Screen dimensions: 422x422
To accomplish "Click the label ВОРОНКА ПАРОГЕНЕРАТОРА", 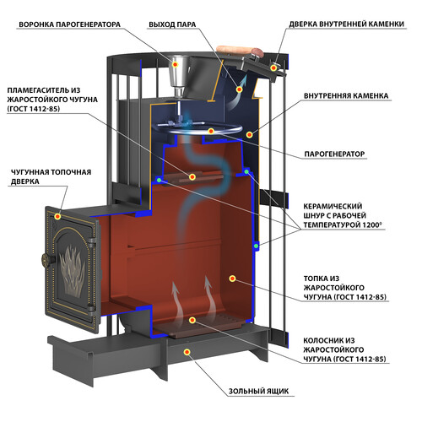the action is coord(69,24).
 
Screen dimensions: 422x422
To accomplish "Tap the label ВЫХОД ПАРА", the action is coord(172,24).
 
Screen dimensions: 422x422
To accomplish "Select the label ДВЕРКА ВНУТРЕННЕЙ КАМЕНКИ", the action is coord(347,24).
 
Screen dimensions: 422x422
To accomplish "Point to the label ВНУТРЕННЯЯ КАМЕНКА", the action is coord(346,95).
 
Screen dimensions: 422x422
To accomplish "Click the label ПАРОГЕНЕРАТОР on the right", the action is coord(334,154).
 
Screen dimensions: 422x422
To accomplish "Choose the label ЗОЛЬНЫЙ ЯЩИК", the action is coord(258,391).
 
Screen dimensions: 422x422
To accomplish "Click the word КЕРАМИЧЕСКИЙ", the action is coord(333,206).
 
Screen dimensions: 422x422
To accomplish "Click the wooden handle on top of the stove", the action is coord(239,51).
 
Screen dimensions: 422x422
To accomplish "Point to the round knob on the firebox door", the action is coord(46,260).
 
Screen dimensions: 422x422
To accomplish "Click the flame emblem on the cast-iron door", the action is coord(73,271).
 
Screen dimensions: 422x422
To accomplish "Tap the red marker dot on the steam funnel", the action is coord(176,64).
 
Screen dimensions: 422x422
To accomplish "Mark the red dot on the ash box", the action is coord(187,352).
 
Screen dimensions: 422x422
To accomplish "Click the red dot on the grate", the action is coord(192,320).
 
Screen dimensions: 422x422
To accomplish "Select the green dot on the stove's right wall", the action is coord(256,246).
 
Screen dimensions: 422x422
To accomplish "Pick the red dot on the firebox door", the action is coord(57,216).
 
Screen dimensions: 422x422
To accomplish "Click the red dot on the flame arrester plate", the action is coord(192,176).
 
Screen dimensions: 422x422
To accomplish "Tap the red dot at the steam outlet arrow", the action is coord(239,89).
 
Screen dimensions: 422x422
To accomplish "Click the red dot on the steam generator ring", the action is coord(211,131).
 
